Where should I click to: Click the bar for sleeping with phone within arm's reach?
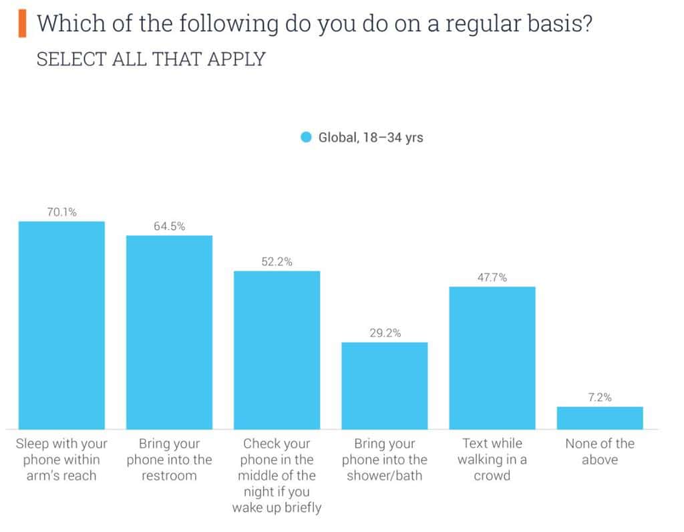coord(61,325)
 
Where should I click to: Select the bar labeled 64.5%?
coord(170,332)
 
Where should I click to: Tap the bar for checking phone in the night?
coord(277,350)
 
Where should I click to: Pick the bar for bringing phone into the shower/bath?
coord(385,386)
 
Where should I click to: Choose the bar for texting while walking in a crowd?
coord(492,358)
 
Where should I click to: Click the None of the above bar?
coord(600,418)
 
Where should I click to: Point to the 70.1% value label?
coord(61,213)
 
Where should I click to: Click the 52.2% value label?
coord(277,262)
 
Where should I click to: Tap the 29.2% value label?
coord(385,333)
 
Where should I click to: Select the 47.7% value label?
coord(492,277)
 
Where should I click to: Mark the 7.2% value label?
coord(600,397)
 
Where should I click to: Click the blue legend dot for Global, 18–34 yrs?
coord(306,138)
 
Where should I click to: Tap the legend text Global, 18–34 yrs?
coord(371,138)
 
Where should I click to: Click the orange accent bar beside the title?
coord(23,24)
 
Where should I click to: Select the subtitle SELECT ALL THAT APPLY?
coord(151,59)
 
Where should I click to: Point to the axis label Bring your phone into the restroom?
coord(170,459)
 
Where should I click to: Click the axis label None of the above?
coord(600,451)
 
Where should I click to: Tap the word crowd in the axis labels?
coord(492,476)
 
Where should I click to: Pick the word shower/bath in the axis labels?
coord(385,476)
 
